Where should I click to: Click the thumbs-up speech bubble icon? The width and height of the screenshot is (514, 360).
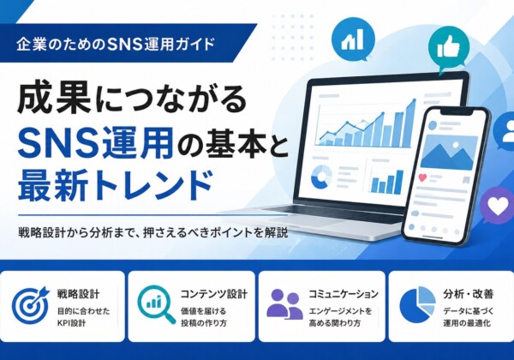(448, 46)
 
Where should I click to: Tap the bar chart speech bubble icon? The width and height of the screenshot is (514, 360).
(353, 39)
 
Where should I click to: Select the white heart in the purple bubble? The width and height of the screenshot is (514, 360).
(498, 206)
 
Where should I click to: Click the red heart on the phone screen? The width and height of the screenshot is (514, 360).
(423, 177)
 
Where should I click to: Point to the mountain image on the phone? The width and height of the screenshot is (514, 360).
(447, 152)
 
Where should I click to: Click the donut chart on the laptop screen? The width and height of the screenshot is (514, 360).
(321, 177)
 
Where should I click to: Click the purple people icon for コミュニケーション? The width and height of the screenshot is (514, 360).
(284, 303)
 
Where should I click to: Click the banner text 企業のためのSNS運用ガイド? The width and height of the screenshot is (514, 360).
(116, 45)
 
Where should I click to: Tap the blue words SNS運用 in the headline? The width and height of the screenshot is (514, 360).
(95, 143)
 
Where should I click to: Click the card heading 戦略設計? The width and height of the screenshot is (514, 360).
(78, 294)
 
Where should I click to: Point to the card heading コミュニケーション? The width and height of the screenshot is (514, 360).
(344, 294)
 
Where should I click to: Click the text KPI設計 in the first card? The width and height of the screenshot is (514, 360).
(71, 323)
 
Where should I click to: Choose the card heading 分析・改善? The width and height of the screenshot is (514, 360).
(469, 294)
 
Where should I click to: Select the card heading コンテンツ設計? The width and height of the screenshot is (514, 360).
(213, 294)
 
